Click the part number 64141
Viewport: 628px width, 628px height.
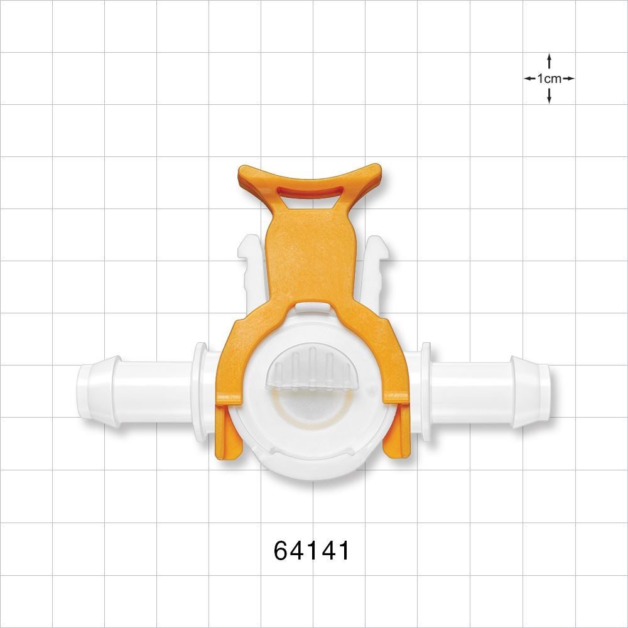(311, 551)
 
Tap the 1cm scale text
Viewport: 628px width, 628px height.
(549, 79)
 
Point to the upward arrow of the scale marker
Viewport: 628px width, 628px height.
(549, 60)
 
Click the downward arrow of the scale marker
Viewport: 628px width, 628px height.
(549, 97)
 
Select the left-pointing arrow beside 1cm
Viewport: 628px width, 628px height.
(529, 79)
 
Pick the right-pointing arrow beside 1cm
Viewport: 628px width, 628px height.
(568, 79)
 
